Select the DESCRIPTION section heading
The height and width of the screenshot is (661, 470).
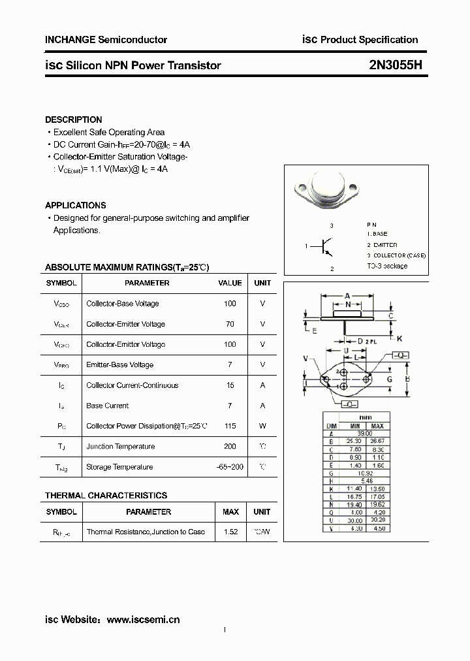click(73, 120)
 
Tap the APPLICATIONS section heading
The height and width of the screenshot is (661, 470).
click(75, 205)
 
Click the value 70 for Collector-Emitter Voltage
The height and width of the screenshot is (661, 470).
click(230, 324)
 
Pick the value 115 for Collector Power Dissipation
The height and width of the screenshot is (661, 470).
click(230, 426)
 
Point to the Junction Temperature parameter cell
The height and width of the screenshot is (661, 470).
click(120, 447)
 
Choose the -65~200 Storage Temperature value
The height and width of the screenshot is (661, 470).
click(230, 467)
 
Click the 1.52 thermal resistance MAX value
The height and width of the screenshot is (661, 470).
click(230, 532)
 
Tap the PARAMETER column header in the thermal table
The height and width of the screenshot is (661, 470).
click(148, 512)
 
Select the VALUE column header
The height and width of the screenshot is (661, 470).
click(230, 283)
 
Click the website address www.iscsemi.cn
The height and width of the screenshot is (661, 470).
click(142, 619)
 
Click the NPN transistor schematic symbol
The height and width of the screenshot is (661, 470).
click(326, 246)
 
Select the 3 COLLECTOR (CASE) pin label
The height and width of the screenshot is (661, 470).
click(396, 255)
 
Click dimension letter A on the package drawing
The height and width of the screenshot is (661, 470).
click(347, 295)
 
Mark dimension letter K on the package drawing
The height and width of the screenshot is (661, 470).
click(399, 338)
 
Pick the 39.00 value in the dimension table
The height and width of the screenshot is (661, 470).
click(364, 433)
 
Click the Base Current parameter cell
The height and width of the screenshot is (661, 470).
click(107, 406)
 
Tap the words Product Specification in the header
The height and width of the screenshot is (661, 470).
click(369, 40)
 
